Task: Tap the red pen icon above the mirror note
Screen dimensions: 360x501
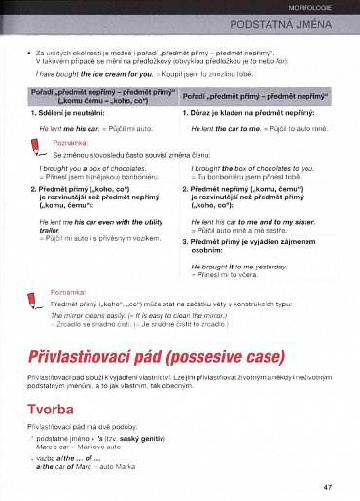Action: coord(34,297)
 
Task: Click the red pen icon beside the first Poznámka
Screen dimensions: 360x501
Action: coord(34,147)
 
